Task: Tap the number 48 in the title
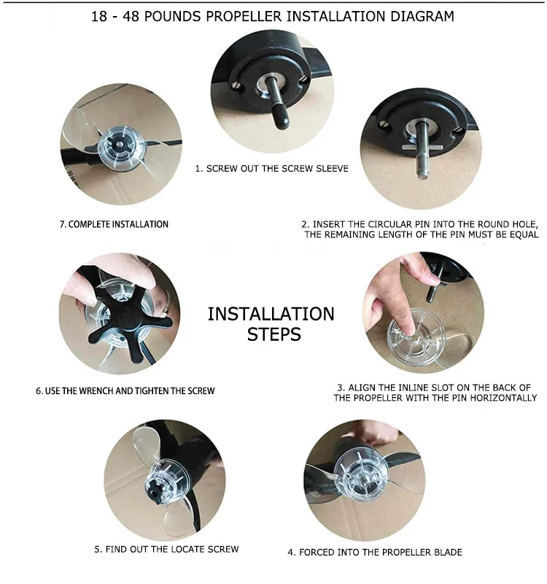131,16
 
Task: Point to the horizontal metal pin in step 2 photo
422,147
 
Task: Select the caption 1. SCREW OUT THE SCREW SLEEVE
271,169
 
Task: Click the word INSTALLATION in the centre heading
271,314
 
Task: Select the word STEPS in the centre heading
274,334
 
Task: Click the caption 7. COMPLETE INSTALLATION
114,224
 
